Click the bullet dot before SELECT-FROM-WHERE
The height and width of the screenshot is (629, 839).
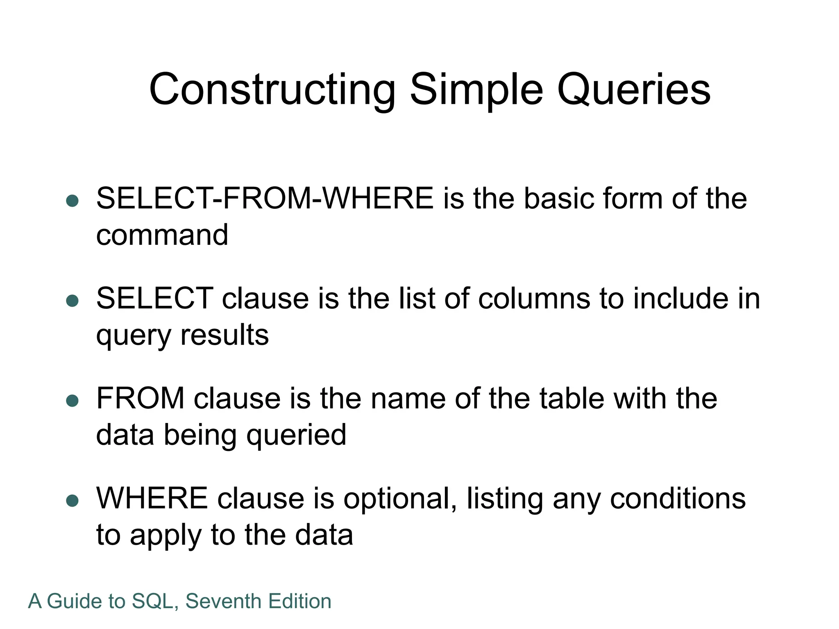pyautogui.click(x=72, y=201)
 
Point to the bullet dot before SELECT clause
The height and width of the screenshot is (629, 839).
pyautogui.click(x=72, y=301)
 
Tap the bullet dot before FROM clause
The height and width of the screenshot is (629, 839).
pyautogui.click(x=72, y=401)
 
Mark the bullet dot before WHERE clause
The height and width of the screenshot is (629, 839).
pyautogui.click(x=72, y=501)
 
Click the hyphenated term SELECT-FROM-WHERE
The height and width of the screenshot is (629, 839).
pyautogui.click(x=265, y=199)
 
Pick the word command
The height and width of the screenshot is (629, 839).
pyautogui.click(x=162, y=235)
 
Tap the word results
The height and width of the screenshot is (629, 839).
pyautogui.click(x=224, y=335)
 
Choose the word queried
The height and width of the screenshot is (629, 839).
pyautogui.click(x=296, y=435)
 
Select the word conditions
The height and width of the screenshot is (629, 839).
pyautogui.click(x=678, y=499)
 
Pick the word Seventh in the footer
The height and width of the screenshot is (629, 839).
pyautogui.click(x=223, y=601)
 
